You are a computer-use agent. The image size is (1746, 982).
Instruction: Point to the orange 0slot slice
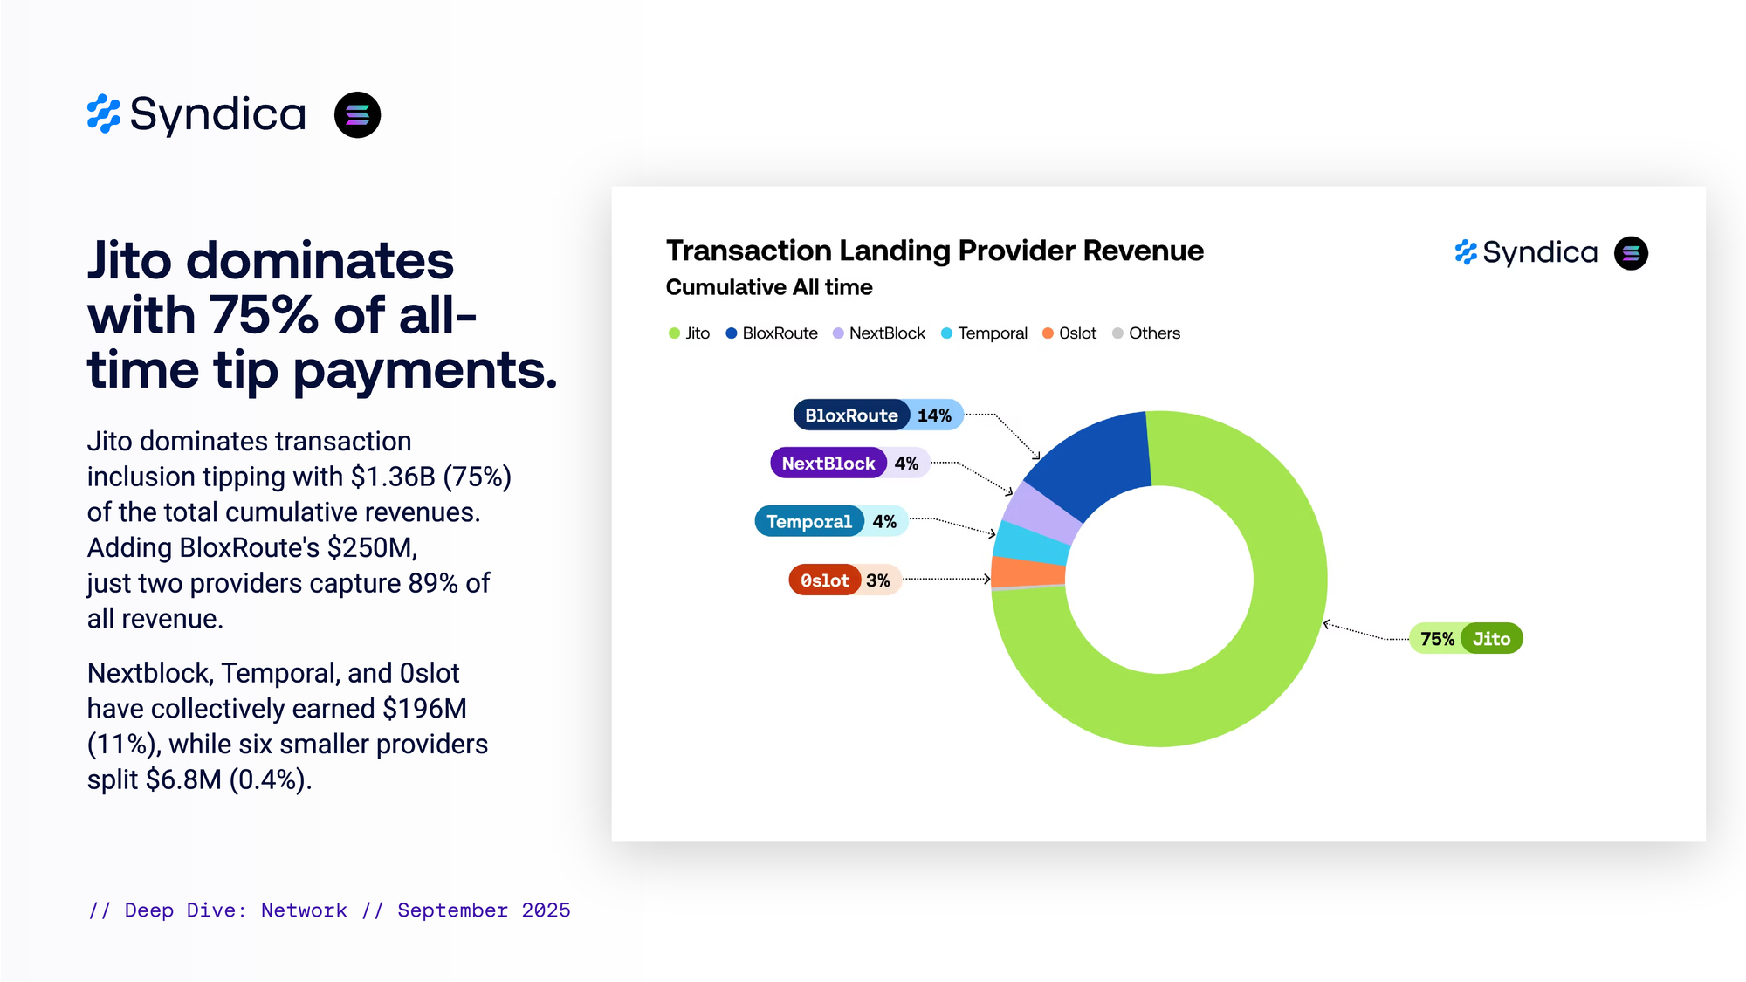[1028, 572]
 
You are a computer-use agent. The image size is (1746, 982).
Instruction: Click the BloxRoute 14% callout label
[877, 415]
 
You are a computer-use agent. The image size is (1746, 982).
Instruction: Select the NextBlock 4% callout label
[849, 463]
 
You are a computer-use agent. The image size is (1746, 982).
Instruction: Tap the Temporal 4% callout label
[830, 521]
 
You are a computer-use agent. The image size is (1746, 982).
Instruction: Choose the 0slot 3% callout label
[844, 580]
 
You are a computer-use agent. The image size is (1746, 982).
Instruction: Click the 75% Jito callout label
[1466, 639]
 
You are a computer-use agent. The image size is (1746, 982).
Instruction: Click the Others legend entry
[1146, 333]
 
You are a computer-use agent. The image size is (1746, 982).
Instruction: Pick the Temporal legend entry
[984, 333]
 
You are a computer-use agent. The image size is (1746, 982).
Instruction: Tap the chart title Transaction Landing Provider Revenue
[934, 251]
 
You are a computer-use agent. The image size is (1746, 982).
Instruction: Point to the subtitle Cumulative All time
[769, 287]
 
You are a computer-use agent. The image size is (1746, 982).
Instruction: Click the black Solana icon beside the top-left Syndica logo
[357, 115]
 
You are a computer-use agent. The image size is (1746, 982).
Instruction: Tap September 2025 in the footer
[484, 910]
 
